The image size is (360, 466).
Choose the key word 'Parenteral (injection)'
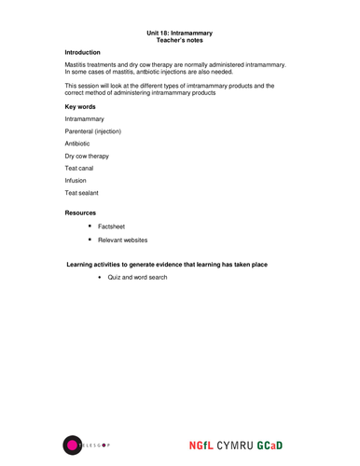click(92, 131)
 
